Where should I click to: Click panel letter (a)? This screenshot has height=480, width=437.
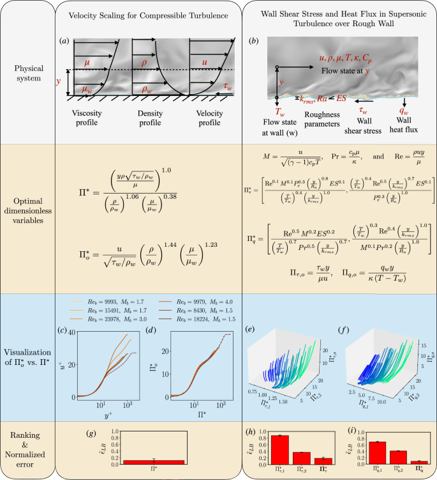coord(64,42)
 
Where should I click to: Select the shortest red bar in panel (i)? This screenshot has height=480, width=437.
coord(403,461)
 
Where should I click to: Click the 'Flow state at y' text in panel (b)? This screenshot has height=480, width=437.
coord(350,70)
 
